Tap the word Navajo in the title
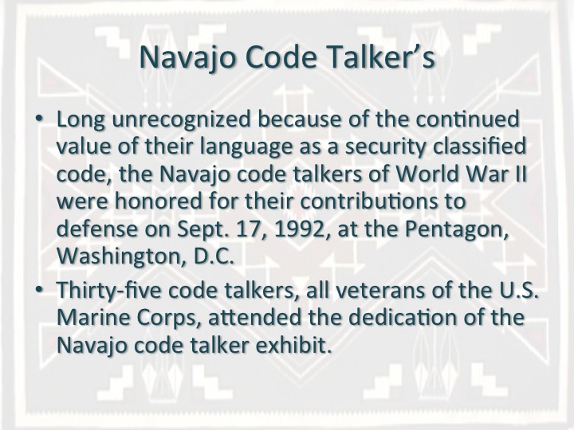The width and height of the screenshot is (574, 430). tap(187, 58)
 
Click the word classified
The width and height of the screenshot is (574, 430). tap(479, 146)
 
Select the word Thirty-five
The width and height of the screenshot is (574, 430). tap(108, 291)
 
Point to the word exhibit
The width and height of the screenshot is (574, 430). tap(293, 345)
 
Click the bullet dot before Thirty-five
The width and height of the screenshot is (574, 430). tap(39, 289)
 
